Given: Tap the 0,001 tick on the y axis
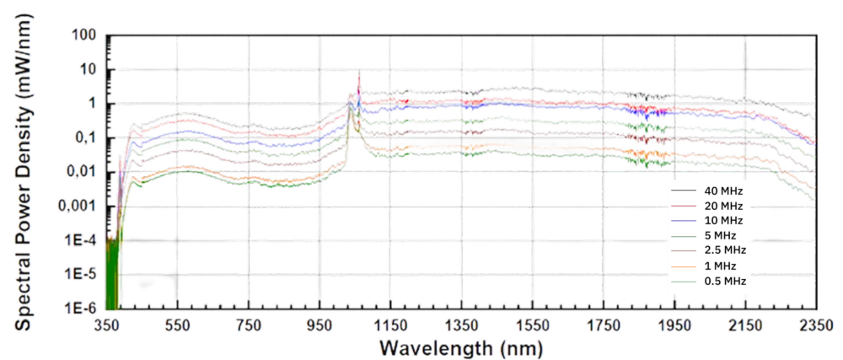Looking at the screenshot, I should click(78, 205).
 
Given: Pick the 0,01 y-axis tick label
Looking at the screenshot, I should click(82, 171).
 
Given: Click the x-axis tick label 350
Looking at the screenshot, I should click(107, 325).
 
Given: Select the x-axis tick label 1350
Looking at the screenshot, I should click(462, 325).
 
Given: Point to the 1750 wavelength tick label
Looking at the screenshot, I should click(604, 325).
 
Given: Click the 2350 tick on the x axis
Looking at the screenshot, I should click(816, 325).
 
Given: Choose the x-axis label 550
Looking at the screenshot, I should click(178, 325).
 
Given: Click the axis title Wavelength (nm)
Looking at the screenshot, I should click(461, 347).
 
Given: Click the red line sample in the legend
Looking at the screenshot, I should click(683, 206).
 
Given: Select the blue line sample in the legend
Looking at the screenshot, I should click(683, 221).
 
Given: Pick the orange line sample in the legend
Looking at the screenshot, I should click(683, 266).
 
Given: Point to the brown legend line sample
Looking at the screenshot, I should click(683, 251).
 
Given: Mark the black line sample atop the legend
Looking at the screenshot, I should click(683, 191).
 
